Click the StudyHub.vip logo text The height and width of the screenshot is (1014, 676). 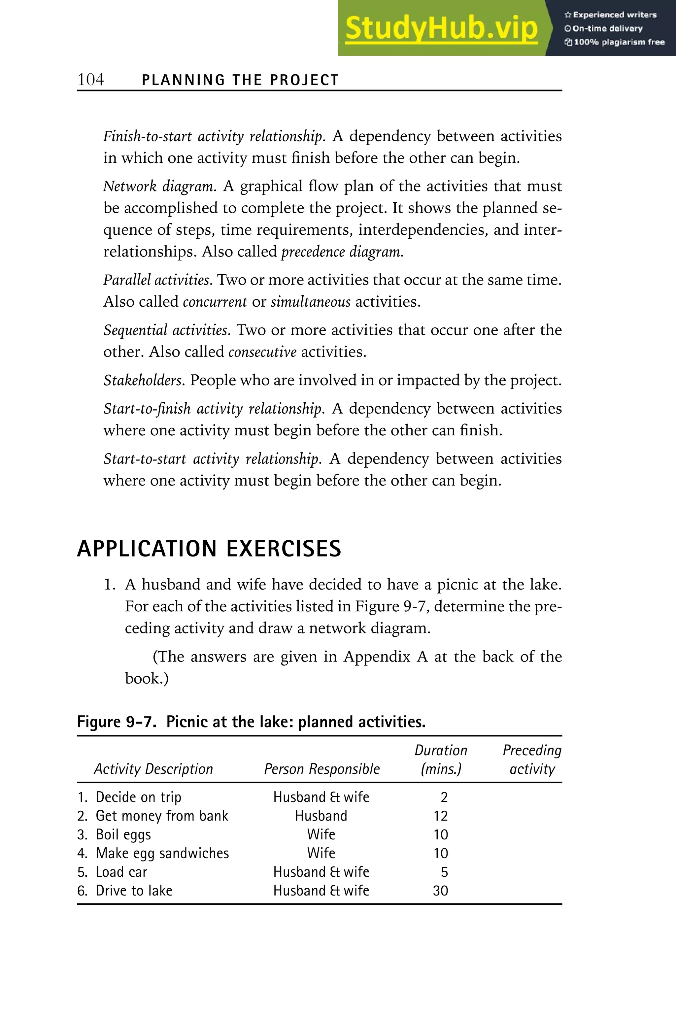(441, 28)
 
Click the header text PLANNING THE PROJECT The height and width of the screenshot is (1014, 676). (240, 80)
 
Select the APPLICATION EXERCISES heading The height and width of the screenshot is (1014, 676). (209, 549)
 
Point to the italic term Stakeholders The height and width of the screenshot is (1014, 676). (144, 380)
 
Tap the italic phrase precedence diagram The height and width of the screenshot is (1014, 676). (342, 251)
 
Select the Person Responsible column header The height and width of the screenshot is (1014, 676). (321, 769)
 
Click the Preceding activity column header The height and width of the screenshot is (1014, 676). (532, 760)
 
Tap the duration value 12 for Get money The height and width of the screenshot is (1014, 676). (441, 816)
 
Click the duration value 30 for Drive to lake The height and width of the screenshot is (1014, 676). (440, 891)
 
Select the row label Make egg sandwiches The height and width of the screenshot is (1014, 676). (162, 853)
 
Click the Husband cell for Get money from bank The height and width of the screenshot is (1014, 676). (321, 816)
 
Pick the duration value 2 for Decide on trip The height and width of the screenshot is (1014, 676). (444, 797)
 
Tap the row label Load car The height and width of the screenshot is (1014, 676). (121, 872)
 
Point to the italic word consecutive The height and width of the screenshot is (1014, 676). (262, 352)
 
